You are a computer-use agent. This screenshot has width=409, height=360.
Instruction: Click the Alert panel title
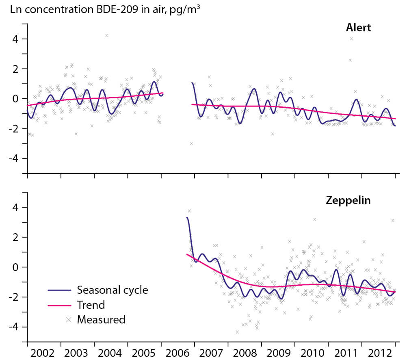pyautogui.click(x=358, y=28)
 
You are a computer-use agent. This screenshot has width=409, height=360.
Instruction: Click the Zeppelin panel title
pyautogui.click(x=348, y=201)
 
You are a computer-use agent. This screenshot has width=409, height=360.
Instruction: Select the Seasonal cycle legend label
pyautogui.click(x=113, y=290)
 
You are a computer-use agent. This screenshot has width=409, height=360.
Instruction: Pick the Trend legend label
pyautogui.click(x=91, y=305)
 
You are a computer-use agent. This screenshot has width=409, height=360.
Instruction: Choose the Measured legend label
pyautogui.click(x=101, y=319)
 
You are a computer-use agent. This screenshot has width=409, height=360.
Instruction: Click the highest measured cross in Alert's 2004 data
pyautogui.click(x=106, y=35)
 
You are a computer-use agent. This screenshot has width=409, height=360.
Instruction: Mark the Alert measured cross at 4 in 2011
pyautogui.click(x=351, y=39)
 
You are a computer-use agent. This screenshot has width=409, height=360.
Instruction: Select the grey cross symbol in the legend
pyautogui.click(x=69, y=320)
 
